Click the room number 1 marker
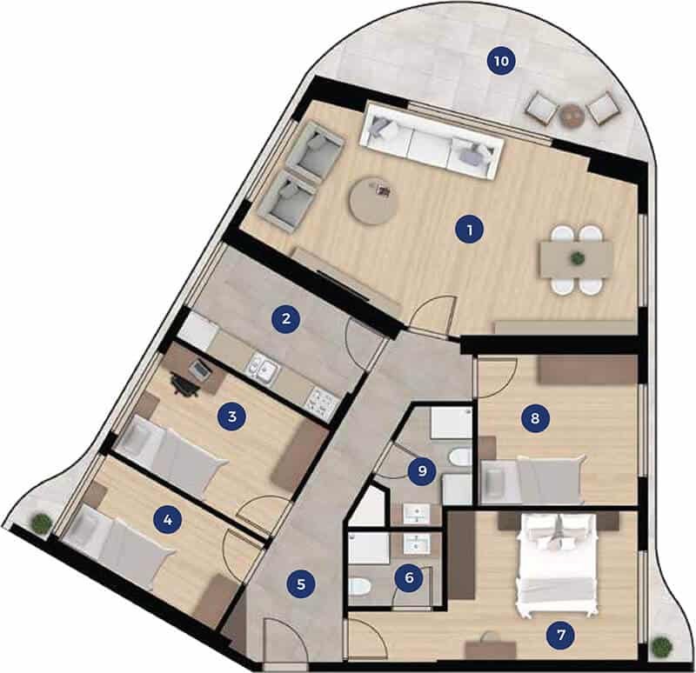coord(469,230)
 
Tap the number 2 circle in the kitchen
coord(286,318)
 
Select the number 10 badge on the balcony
coord(501,60)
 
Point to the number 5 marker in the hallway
coord(301,583)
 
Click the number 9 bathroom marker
coord(422,470)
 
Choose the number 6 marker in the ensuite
coord(409,577)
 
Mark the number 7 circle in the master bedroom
coord(561,635)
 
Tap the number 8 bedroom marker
coord(535,418)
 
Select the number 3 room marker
coord(231,416)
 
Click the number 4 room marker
coord(168,519)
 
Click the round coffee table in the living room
coord(373,200)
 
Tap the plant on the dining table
coord(578,257)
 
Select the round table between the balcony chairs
coord(572,116)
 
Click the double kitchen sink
coord(264,368)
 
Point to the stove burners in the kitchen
coord(323,403)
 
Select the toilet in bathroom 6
coord(360,588)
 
